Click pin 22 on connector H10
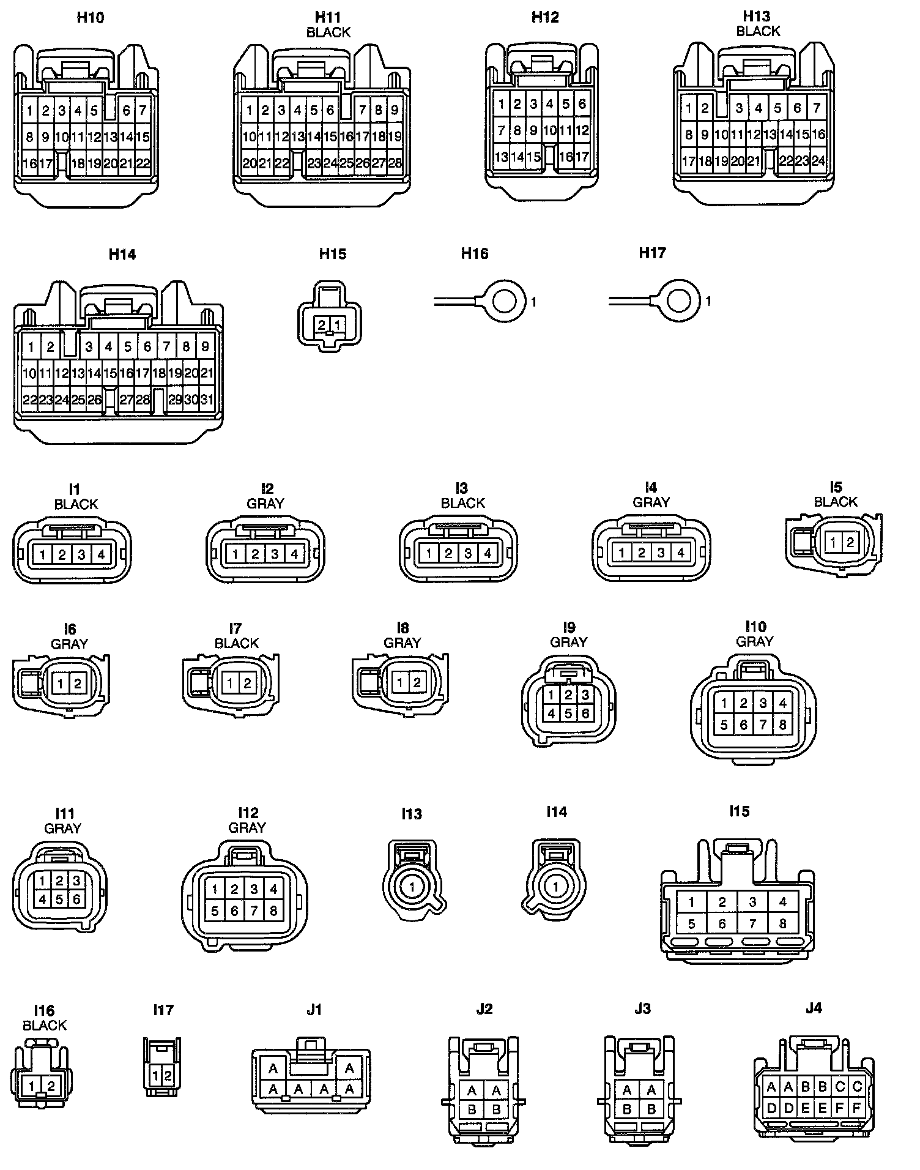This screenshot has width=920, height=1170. pyautogui.click(x=143, y=163)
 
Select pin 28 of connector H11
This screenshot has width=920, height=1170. pyautogui.click(x=395, y=163)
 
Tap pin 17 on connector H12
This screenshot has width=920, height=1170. pyautogui.click(x=582, y=157)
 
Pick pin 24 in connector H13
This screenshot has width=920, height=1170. pyautogui.click(x=818, y=161)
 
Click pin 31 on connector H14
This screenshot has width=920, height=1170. pyautogui.click(x=207, y=400)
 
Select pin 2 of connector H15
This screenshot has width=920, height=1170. pyautogui.click(x=322, y=325)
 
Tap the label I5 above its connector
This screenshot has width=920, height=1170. pyautogui.click(x=836, y=487)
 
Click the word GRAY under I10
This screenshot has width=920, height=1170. pyautogui.click(x=755, y=641)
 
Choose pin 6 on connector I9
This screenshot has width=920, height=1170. pyautogui.click(x=585, y=713)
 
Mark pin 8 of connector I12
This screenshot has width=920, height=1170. pyautogui.click(x=273, y=911)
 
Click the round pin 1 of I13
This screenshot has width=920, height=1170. pyautogui.click(x=412, y=887)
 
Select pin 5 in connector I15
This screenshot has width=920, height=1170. pyautogui.click(x=691, y=924)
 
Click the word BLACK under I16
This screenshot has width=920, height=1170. pyautogui.click(x=45, y=1025)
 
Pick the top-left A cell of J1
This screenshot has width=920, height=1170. pyautogui.click(x=273, y=1068)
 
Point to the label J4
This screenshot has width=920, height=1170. pyautogui.click(x=814, y=1008)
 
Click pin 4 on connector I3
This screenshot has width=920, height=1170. pyautogui.click(x=488, y=554)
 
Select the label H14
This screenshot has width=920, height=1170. pyautogui.click(x=122, y=255)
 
